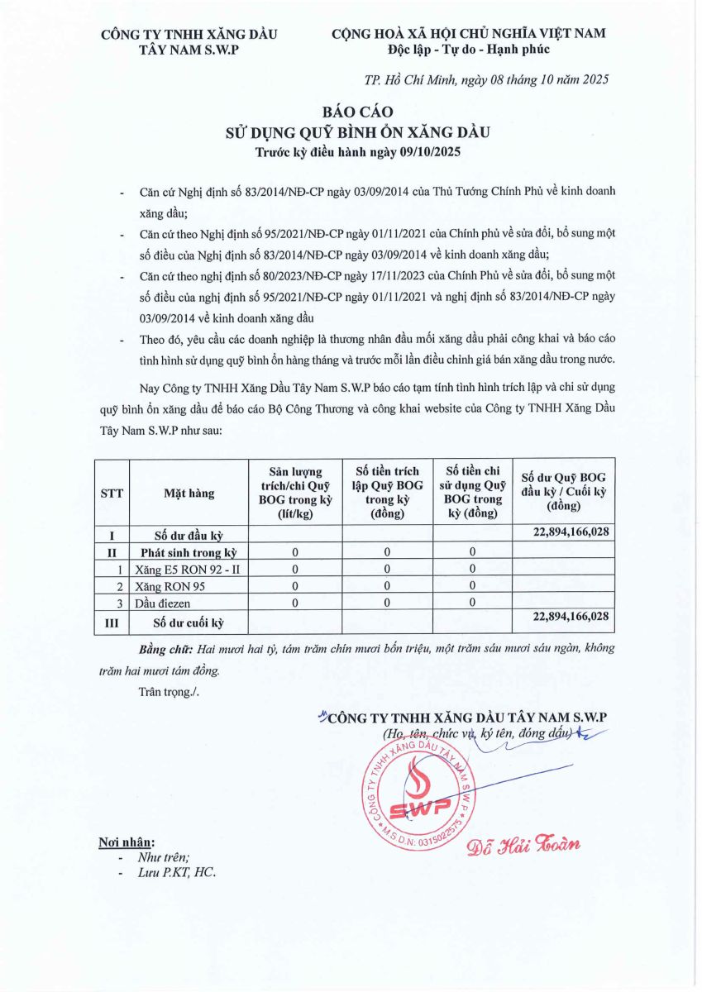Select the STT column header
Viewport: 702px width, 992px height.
pyautogui.click(x=112, y=493)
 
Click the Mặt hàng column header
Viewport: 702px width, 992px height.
pyautogui.click(x=189, y=493)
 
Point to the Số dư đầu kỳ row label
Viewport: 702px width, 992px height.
pyautogui.click(x=189, y=534)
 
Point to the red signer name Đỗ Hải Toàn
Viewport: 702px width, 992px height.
pyautogui.click(x=523, y=844)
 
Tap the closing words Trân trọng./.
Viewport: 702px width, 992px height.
pyautogui.click(x=169, y=691)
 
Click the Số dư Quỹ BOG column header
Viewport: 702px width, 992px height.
pyautogui.click(x=564, y=491)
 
